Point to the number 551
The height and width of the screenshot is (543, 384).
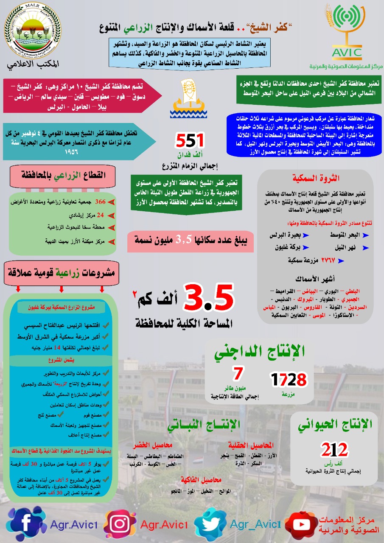191,140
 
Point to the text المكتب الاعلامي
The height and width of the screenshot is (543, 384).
33,64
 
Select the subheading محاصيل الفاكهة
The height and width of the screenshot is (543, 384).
200,479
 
